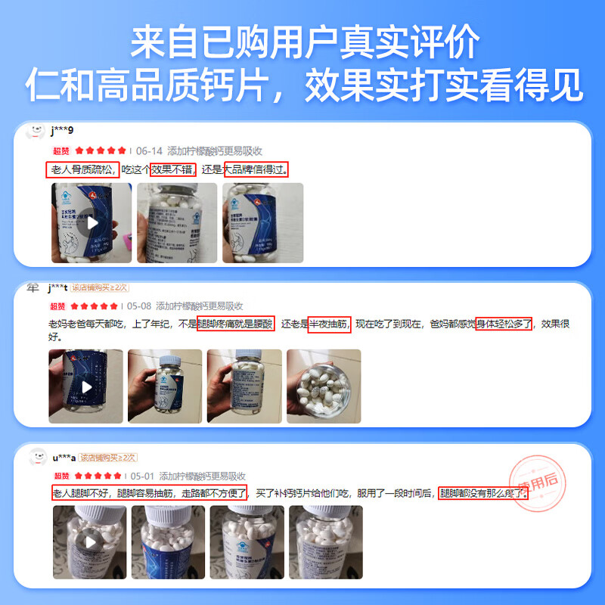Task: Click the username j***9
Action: tap(62, 131)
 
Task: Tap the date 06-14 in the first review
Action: tap(149, 150)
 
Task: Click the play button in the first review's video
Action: tap(92, 223)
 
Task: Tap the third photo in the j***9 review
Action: tap(262, 223)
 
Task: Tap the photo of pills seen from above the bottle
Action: tap(324, 386)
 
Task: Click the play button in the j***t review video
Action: tap(86, 386)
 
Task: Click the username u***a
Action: tap(64, 457)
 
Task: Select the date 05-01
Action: tap(142, 476)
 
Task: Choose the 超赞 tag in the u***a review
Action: tap(62, 476)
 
